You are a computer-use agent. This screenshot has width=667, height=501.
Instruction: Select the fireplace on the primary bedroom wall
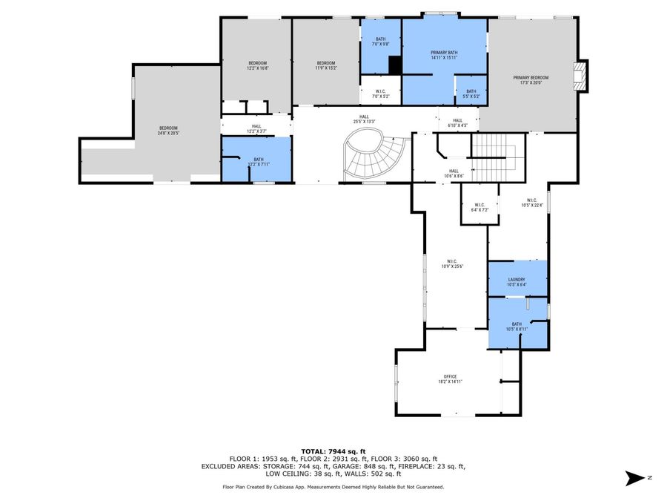coord(583,76)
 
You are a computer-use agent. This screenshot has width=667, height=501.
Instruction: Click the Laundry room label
coord(517,281)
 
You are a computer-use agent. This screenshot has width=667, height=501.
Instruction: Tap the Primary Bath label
coord(444,55)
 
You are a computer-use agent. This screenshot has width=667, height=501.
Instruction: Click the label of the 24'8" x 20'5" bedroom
coord(167,131)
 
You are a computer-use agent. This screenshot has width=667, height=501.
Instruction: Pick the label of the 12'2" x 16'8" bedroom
coord(257,65)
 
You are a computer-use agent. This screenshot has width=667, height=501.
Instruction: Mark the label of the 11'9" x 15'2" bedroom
coord(327,65)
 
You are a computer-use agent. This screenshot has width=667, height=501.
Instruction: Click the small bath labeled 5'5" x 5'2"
coord(471,94)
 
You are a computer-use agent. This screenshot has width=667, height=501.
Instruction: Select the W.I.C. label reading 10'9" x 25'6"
coord(451,263)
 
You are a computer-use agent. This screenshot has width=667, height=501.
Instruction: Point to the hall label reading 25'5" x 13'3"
coord(364,119)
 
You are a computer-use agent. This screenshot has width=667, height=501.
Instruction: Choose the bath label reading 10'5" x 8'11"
coord(517,326)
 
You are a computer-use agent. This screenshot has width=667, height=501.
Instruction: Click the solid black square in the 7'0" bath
coord(395,65)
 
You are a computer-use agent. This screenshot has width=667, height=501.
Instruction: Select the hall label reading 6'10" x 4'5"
coord(457,122)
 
